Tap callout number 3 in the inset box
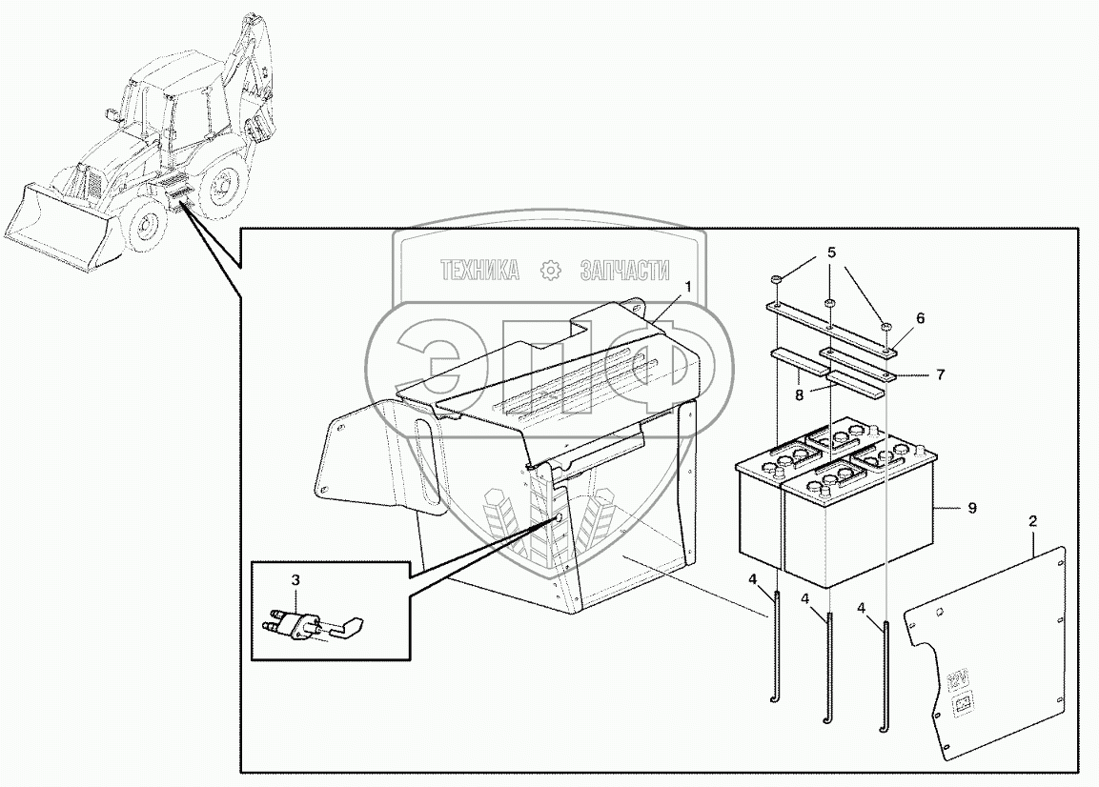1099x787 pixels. click(x=295, y=580)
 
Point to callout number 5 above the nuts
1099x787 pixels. click(x=831, y=253)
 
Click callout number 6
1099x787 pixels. click(x=920, y=318)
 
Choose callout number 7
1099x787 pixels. click(x=940, y=374)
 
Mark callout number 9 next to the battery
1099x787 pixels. click(x=971, y=509)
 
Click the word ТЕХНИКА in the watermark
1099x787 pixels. click(x=479, y=272)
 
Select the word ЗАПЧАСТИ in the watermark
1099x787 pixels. click(x=625, y=272)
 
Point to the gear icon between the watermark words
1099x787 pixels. click(x=550, y=272)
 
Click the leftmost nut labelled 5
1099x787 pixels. click(x=775, y=278)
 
